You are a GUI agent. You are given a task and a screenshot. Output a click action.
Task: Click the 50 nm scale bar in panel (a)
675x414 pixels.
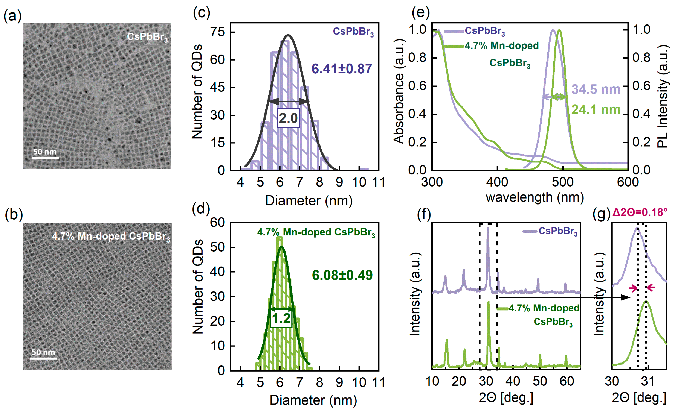click(46, 158)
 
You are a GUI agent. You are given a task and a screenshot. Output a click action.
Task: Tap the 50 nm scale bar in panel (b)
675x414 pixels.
click(43, 358)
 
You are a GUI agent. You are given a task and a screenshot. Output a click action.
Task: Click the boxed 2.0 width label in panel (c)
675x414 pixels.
click(288, 118)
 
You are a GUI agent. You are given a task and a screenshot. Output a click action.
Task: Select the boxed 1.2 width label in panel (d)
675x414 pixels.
click(281, 318)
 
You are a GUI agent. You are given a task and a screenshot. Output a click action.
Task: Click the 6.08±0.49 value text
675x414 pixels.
click(342, 275)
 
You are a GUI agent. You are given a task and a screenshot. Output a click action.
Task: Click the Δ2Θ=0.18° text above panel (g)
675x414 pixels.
click(640, 212)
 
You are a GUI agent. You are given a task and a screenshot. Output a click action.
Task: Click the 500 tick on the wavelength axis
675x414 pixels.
click(562, 182)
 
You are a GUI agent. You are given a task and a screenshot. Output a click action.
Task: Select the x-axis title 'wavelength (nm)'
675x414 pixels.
click(535, 197)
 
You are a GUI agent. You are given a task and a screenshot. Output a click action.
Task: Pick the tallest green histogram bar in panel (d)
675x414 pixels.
click(279, 301)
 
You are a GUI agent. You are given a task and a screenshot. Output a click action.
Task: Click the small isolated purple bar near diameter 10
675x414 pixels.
click(364, 169)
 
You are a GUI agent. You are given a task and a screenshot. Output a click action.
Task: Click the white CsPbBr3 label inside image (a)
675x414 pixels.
click(147, 37)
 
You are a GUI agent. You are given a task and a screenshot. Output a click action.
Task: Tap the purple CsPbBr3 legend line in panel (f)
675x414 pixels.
click(530, 231)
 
